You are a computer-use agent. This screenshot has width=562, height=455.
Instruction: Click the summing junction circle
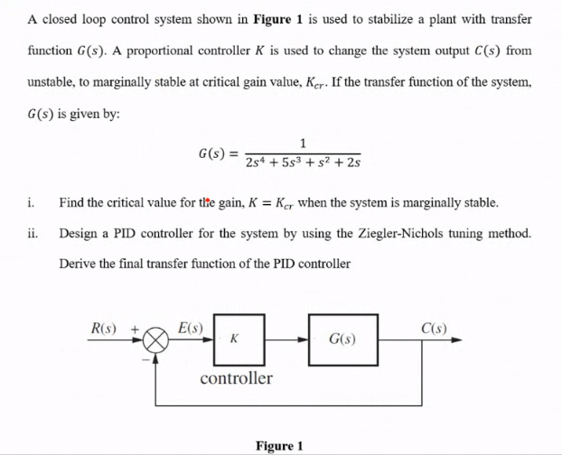[156, 341]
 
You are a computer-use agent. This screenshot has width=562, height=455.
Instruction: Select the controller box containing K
[239, 339]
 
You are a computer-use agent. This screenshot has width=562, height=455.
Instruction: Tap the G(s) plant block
[342, 340]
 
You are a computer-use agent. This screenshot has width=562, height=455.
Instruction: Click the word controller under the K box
[236, 377]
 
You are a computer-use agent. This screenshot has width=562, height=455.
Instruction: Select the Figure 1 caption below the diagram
[279, 445]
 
